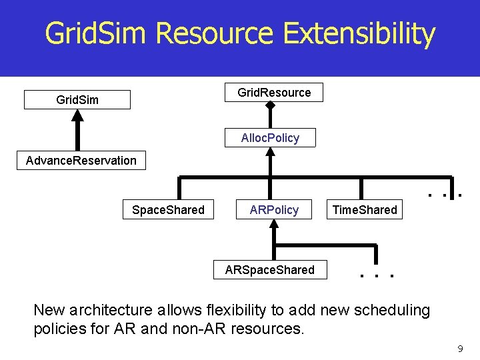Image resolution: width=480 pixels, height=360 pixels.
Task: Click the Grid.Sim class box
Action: click(x=77, y=100)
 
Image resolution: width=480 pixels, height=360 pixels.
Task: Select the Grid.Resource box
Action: click(x=274, y=93)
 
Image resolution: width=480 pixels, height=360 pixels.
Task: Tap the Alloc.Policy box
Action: click(x=270, y=138)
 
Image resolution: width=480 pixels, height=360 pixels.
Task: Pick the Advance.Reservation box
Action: click(x=81, y=160)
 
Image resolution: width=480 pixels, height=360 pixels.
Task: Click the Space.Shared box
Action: click(x=168, y=210)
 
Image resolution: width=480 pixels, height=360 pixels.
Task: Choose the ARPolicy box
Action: click(x=274, y=210)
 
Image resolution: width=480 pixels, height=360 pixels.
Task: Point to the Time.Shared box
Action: click(x=364, y=210)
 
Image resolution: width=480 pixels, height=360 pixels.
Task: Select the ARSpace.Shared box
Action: click(x=269, y=269)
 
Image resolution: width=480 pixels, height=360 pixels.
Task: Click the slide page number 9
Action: click(x=459, y=349)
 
